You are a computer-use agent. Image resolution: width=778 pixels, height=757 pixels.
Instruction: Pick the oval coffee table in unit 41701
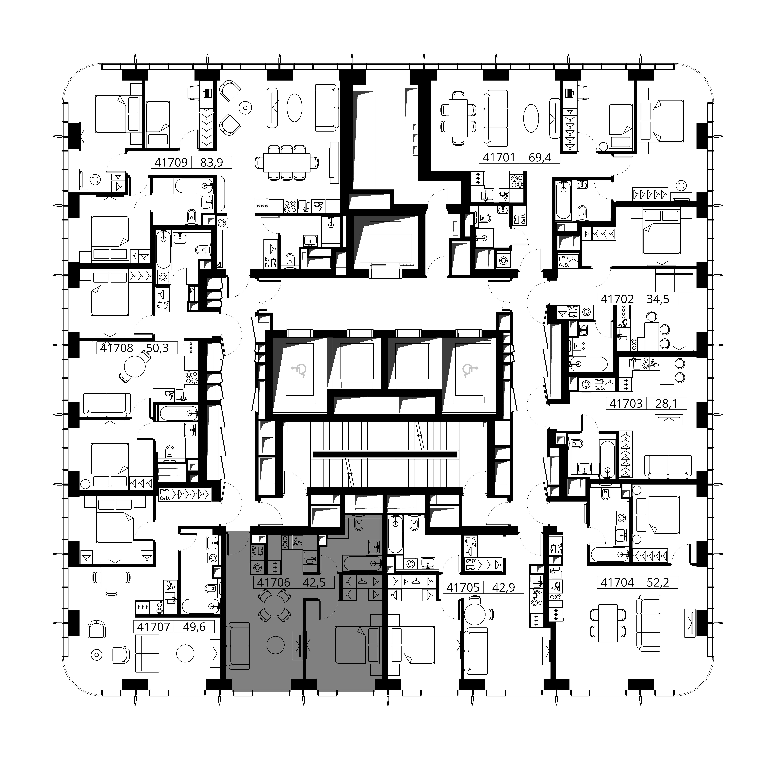(x=532, y=118)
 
